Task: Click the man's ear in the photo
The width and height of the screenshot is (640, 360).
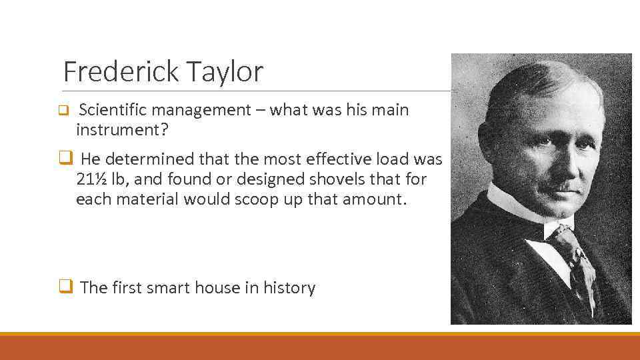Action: [x=495, y=143]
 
